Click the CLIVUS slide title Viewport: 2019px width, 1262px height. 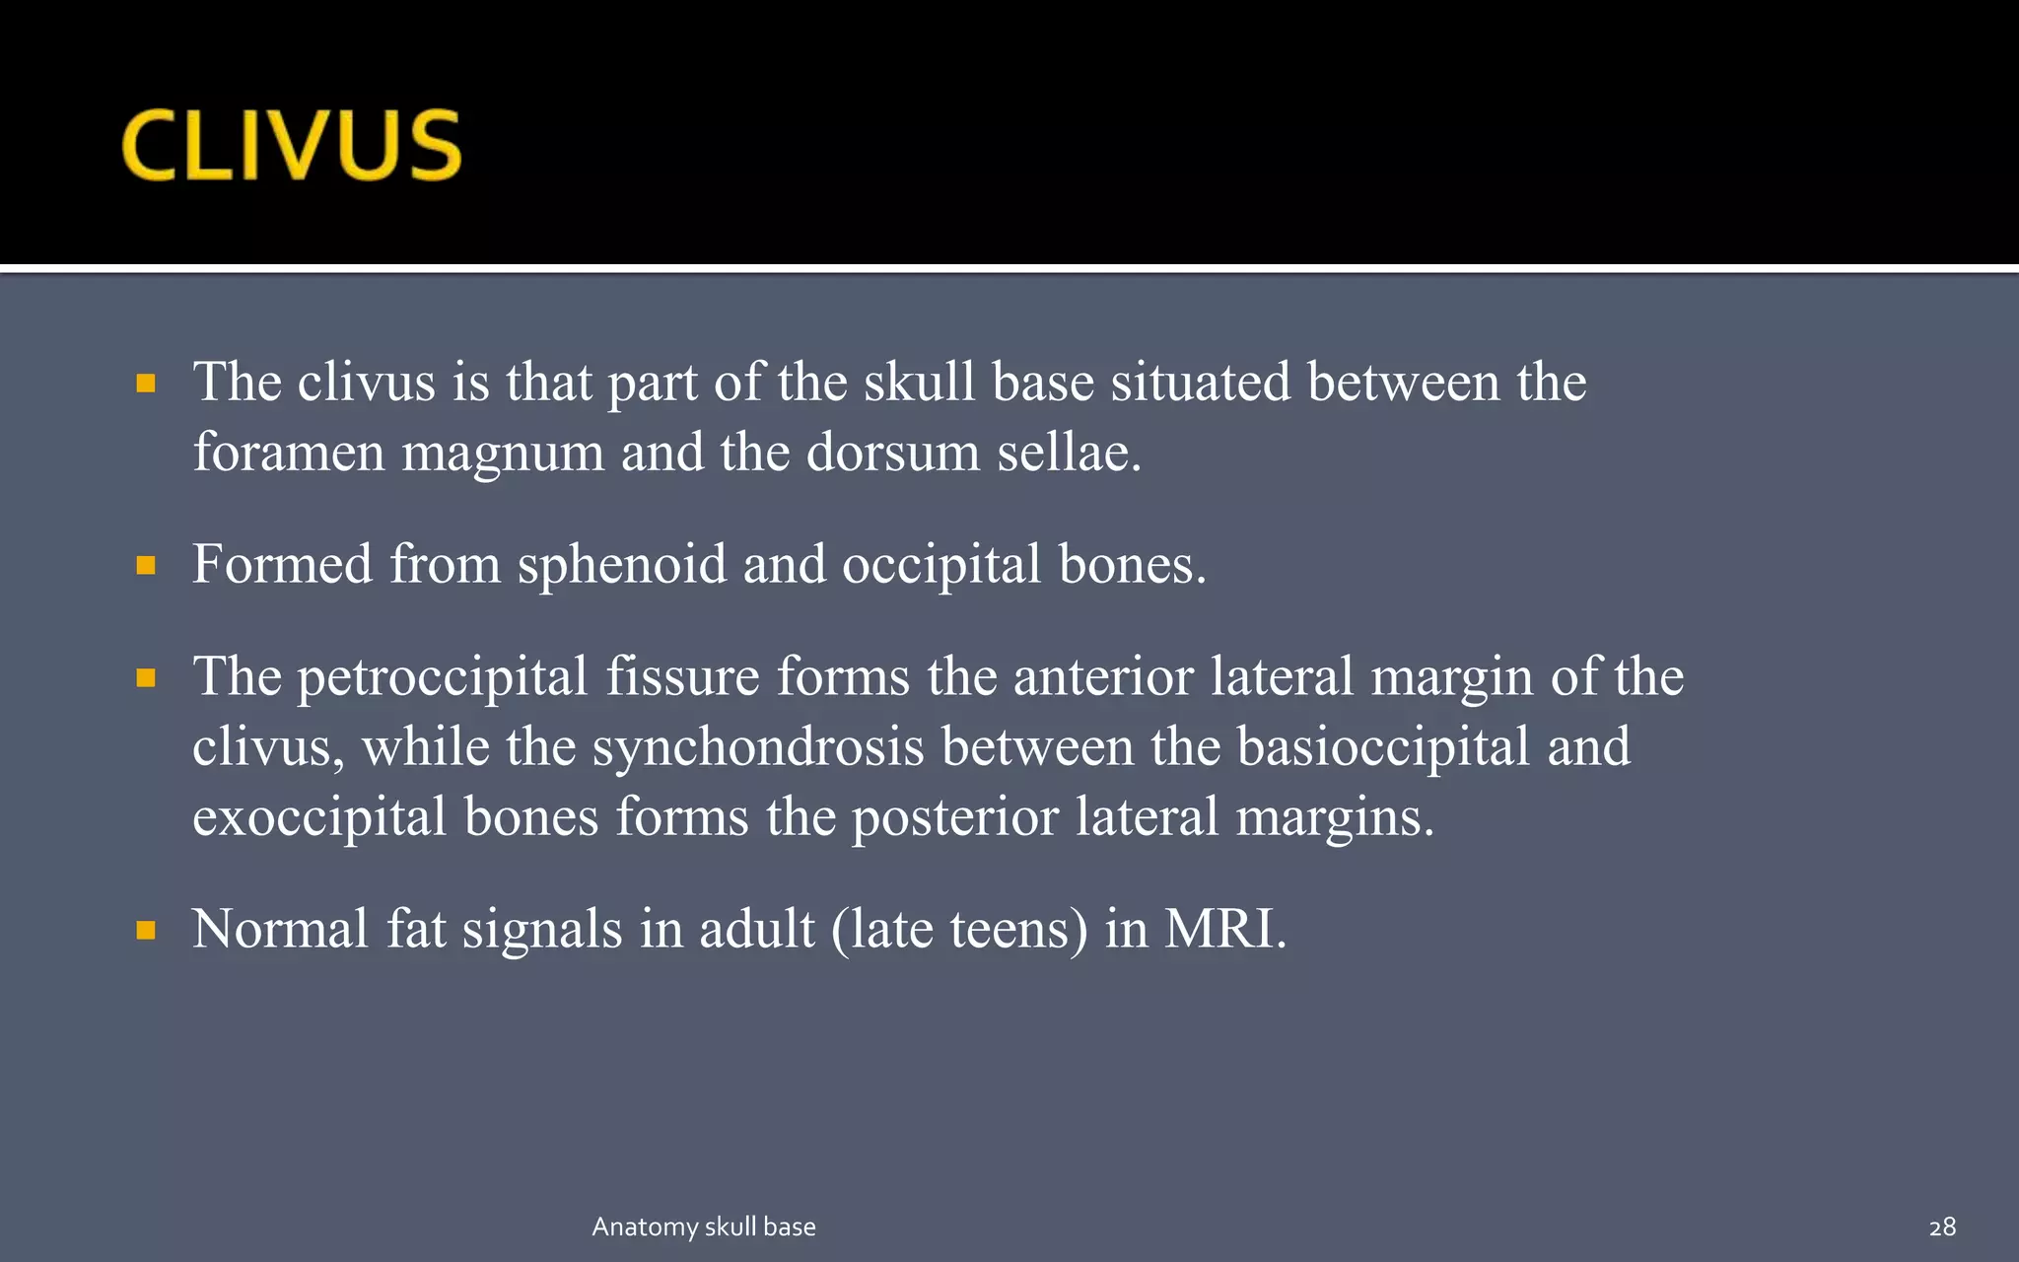pos(292,145)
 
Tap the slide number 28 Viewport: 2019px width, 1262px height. pos(1942,1227)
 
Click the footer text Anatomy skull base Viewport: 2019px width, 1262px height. pos(704,1227)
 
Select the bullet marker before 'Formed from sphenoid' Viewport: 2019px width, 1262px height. pos(146,565)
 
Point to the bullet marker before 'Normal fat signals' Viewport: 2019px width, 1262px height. pos(146,930)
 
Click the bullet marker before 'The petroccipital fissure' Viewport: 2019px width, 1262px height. pos(146,677)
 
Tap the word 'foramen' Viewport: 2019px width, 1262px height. pos(288,453)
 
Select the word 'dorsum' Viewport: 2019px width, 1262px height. pos(893,453)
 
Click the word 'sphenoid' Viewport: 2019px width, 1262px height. pos(622,566)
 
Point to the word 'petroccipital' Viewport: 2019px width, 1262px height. pos(443,678)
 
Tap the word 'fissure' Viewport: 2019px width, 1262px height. pos(682,676)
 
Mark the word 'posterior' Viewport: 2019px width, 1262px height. pos(954,818)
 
